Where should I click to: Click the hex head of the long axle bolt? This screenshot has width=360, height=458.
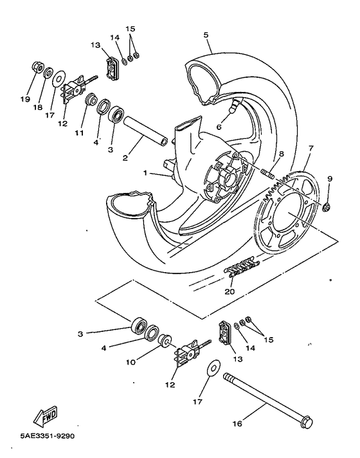[x=307, y=423]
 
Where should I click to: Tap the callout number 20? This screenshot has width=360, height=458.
[x=230, y=291]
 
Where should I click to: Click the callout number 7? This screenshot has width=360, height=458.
[x=310, y=149]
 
